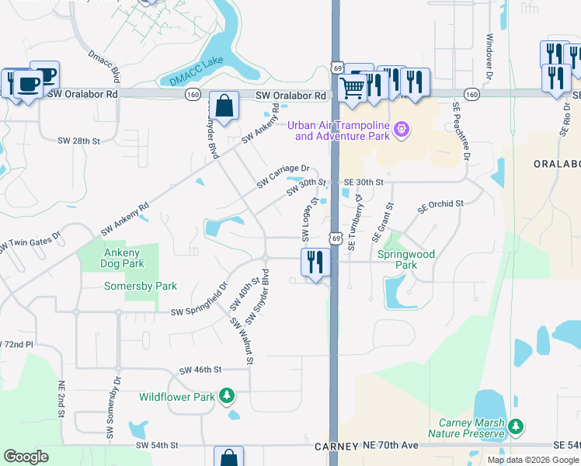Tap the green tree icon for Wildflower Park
227,397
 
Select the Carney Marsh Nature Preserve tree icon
515,426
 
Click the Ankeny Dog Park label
121,258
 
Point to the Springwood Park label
405,259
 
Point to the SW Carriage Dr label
284,176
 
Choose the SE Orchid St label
440,207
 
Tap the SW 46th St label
200,370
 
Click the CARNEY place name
336,447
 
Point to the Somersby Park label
141,286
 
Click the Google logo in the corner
26,457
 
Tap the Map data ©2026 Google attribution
532,460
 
